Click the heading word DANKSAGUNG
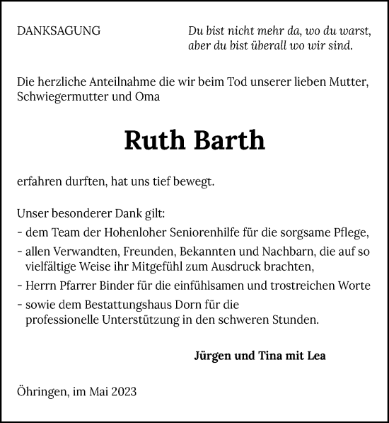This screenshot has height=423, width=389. [x=58, y=31]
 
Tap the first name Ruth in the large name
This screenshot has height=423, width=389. [x=154, y=140]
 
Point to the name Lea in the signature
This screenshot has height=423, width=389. [x=315, y=356]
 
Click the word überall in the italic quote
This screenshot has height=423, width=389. [x=264, y=46]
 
